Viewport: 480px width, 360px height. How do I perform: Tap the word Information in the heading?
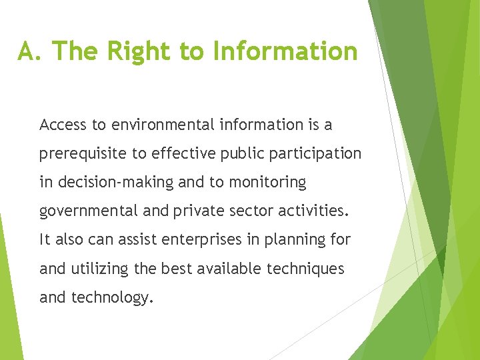point(285,51)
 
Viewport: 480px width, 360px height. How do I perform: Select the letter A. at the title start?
point(31,51)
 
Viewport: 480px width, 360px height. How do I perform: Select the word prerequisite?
point(83,154)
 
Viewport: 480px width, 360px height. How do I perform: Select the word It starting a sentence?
point(45,240)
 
